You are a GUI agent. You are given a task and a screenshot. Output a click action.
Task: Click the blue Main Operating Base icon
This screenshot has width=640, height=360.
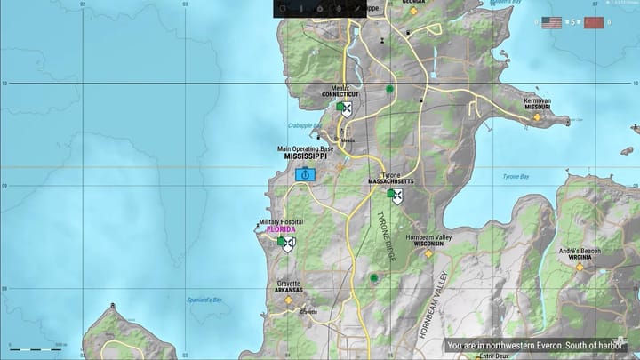pyautogui.click(x=305, y=174)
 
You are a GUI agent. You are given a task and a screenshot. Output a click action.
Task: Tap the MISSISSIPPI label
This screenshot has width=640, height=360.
pyautogui.click(x=307, y=156)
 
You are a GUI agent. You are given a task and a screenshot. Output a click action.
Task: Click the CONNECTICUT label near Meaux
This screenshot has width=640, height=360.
pyautogui.click(x=340, y=94)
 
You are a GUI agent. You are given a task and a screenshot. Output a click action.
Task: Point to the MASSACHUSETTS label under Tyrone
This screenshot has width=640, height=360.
pyautogui.click(x=391, y=181)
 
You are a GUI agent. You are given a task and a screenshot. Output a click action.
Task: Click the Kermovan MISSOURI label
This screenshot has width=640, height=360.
pyautogui.click(x=538, y=107)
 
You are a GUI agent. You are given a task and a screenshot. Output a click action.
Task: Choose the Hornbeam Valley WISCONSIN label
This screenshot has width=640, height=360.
pyautogui.click(x=428, y=244)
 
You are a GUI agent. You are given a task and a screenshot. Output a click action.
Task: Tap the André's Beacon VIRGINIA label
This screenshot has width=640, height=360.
pyautogui.click(x=580, y=258)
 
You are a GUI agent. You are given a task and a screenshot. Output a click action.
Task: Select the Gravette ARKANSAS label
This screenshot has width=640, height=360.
pyautogui.click(x=289, y=290)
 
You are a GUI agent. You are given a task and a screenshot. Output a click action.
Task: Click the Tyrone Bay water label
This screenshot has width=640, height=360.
pyautogui.click(x=516, y=177)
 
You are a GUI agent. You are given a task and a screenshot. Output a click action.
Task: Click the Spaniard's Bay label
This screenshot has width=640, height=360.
pyautogui.click(x=204, y=300)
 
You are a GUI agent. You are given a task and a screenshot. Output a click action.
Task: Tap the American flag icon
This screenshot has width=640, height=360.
pyautogui.click(x=552, y=22)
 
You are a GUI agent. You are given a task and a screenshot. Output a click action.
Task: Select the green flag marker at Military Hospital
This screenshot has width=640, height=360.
pyautogui.click(x=282, y=241)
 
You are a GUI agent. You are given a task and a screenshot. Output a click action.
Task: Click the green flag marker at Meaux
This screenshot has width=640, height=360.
pyautogui.click(x=340, y=107)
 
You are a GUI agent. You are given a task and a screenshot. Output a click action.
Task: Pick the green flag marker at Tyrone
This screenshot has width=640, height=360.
pyautogui.click(x=390, y=193)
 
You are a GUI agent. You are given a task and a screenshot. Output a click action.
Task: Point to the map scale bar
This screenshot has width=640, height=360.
pyautogui.click(x=36, y=348)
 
